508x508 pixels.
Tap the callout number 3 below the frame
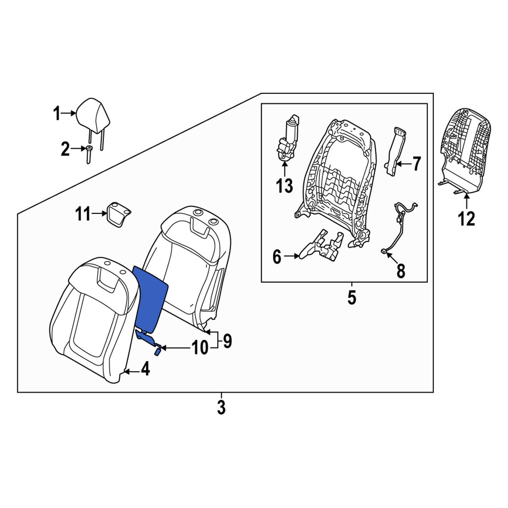point(221,407)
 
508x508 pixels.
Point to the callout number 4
point(145,369)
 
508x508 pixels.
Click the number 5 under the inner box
point(352,297)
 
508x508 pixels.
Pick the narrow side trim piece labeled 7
point(395,151)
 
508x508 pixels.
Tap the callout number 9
point(227,341)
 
